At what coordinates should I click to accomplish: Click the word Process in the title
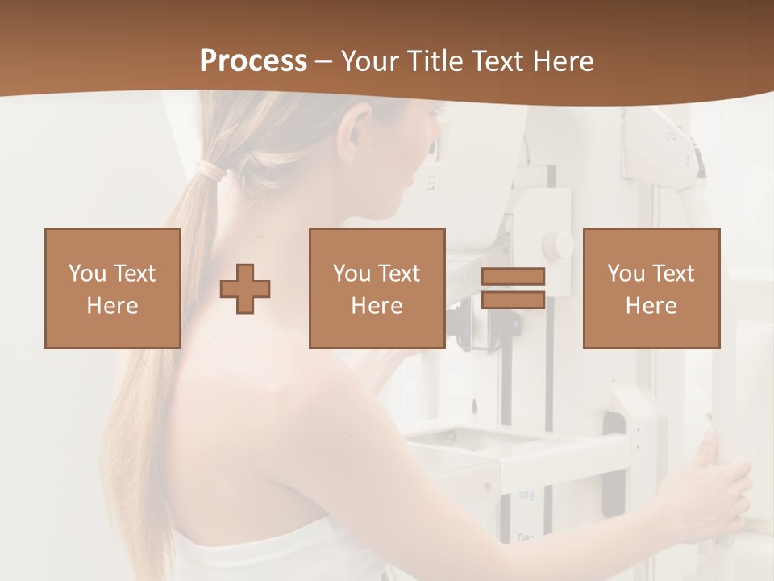pyautogui.click(x=253, y=61)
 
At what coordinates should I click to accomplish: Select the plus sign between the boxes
pyautogui.click(x=245, y=288)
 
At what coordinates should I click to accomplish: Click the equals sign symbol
pyautogui.click(x=513, y=288)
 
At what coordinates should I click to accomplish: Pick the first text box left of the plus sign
pyautogui.click(x=112, y=288)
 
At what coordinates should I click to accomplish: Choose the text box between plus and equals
pyautogui.click(x=377, y=288)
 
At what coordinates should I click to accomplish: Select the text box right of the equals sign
pyautogui.click(x=651, y=288)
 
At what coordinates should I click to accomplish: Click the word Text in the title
pyautogui.click(x=495, y=61)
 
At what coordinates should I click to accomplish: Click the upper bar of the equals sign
pyautogui.click(x=513, y=277)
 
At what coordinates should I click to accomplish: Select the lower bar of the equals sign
pyautogui.click(x=513, y=299)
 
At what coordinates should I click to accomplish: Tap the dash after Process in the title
pyautogui.click(x=324, y=61)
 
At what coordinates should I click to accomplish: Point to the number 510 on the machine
pyautogui.click(x=526, y=495)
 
